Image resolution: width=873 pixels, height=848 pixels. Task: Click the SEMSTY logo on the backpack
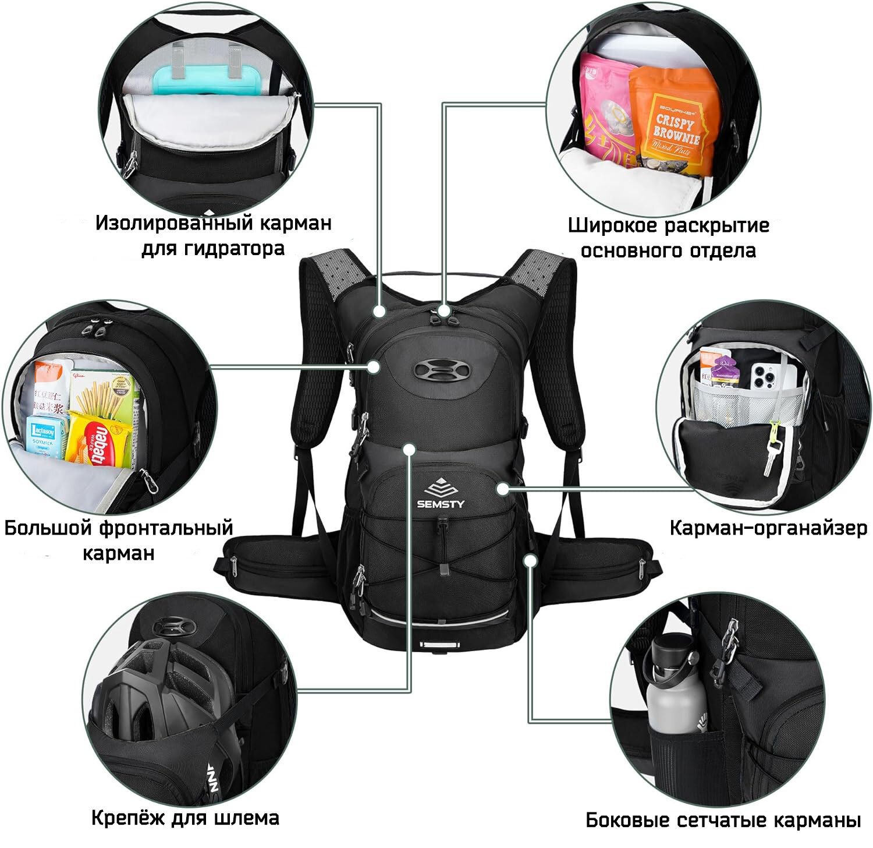440,493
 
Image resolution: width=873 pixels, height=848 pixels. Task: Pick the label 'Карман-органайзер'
768,528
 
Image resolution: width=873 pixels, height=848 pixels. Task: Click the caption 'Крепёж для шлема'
185,818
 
